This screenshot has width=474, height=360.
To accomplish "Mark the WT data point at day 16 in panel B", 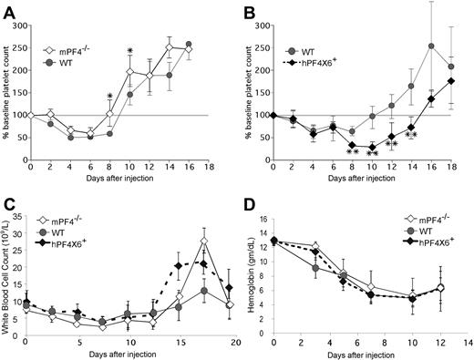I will tap(431, 46).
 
